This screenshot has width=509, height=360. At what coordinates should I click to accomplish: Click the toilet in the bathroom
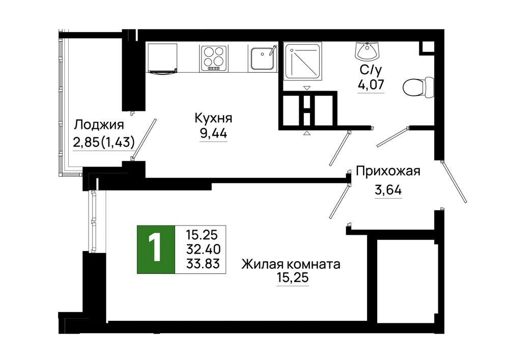pyautogui.click(x=418, y=87)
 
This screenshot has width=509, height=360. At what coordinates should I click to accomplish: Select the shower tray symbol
pyautogui.click(x=303, y=61)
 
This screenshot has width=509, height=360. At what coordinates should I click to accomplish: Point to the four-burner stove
pyautogui.click(x=214, y=58)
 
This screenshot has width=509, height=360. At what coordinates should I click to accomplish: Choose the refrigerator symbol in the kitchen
pyautogui.click(x=163, y=59)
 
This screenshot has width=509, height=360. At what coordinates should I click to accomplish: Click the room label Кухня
pyautogui.click(x=213, y=118)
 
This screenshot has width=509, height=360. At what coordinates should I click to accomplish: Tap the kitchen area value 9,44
pyautogui.click(x=213, y=133)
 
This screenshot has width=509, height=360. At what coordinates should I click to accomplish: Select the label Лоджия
pyautogui.click(x=99, y=125)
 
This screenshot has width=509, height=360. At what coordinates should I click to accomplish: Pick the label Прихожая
pyautogui.click(x=388, y=171)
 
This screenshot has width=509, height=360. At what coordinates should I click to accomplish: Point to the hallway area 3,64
pyautogui.click(x=388, y=189)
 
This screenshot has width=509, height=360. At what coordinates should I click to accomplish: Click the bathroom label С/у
pyautogui.click(x=371, y=69)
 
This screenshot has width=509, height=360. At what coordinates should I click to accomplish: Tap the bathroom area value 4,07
pyautogui.click(x=371, y=85)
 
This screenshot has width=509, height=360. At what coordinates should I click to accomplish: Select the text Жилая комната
pyautogui.click(x=291, y=264)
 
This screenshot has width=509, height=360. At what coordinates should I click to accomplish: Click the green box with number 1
pyautogui.click(x=156, y=250)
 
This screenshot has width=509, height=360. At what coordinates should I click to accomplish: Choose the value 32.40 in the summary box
pyautogui.click(x=203, y=250)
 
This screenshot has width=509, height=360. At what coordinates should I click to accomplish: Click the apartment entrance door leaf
pyautogui.click(x=454, y=182)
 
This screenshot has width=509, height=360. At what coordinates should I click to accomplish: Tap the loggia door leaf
pyautogui.click(x=144, y=140)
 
